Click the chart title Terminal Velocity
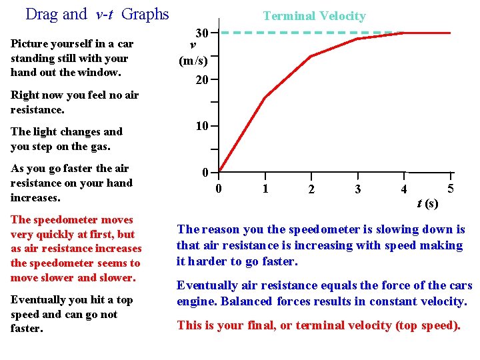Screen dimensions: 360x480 [x=314, y=16]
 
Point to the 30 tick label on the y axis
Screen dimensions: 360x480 [x=203, y=33]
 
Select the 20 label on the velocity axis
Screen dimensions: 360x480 [x=203, y=80]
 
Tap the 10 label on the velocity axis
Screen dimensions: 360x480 [x=203, y=126]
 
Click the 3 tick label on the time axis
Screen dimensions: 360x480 [x=358, y=189]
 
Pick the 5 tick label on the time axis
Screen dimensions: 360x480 [x=451, y=189]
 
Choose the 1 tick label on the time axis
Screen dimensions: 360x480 [x=265, y=189]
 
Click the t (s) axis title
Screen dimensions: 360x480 [x=427, y=203]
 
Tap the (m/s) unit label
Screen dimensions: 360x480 [x=193, y=61]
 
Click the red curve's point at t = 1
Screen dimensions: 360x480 [x=265, y=98]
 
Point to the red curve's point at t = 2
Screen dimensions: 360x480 [x=311, y=57]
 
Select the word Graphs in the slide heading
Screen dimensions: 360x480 [x=145, y=14]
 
